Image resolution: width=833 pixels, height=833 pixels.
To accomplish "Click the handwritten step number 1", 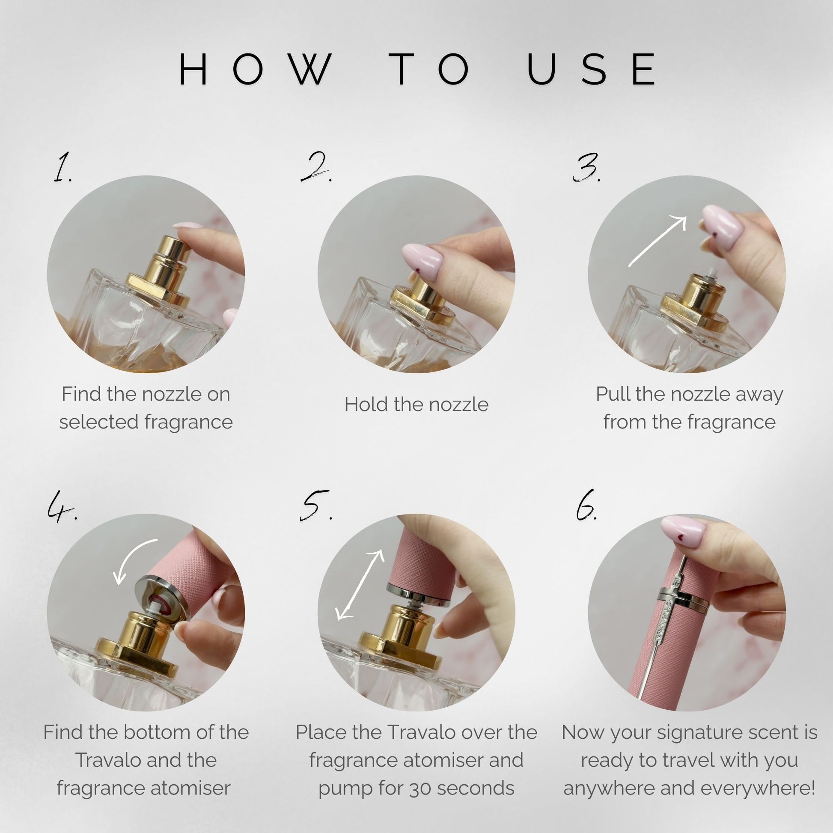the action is click(x=62, y=167).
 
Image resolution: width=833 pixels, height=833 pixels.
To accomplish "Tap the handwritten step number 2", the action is click(x=316, y=167).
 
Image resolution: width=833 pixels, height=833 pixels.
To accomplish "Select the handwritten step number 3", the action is click(x=586, y=167).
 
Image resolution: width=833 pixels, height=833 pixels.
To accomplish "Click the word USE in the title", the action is click(x=592, y=69).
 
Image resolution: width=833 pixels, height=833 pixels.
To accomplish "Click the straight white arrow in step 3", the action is click(x=657, y=241).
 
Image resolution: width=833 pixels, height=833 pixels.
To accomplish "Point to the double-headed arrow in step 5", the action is click(x=360, y=585).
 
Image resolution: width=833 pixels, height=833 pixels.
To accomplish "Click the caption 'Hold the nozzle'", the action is click(x=416, y=405).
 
